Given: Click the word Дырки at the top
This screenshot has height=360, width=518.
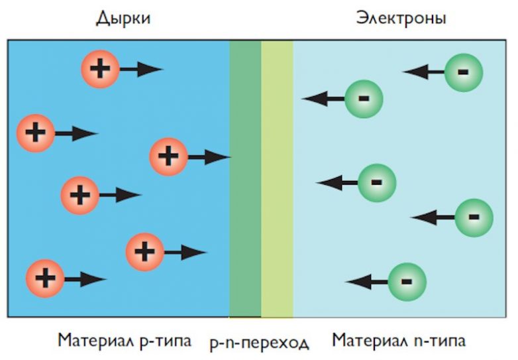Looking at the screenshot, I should click(123, 18).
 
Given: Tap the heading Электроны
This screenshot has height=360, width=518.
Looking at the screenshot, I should click(401, 18).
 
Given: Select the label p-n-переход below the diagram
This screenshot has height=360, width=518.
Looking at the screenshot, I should click(260, 343).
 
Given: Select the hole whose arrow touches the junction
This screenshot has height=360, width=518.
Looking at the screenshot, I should click(169, 157).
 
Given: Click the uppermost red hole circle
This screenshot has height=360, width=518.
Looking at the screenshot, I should click(100, 69).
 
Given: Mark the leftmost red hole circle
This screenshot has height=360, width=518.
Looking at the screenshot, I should click(36, 133).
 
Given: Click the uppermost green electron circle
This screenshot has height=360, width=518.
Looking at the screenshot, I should click(464, 72).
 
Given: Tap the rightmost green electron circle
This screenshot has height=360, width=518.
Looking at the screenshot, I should click(474, 217).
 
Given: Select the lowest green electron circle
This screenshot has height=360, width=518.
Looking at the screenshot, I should click(407, 282).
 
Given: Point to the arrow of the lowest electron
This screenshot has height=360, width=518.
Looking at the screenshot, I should click(366, 282).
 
